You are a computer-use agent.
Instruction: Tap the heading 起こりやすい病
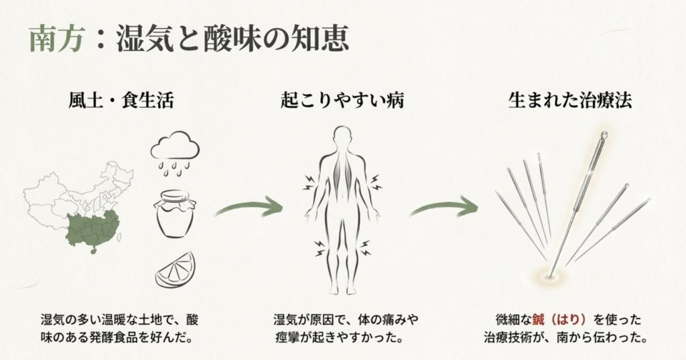coord(342,102)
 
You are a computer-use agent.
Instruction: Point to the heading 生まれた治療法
coord(569,102)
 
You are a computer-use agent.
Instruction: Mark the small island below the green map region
coord(92,254)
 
